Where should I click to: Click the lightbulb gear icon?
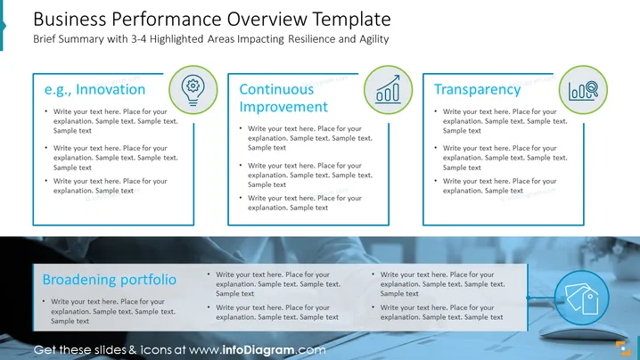pyautogui.click(x=193, y=90)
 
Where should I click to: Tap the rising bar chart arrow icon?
pyautogui.click(x=388, y=90)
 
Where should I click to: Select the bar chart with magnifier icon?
pyautogui.click(x=583, y=90)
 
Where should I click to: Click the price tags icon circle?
pyautogui.click(x=582, y=298)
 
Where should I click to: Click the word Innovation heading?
pyautogui.click(x=111, y=89)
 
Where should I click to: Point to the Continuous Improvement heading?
pyautogui.click(x=283, y=98)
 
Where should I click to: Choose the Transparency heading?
pyautogui.click(x=477, y=90)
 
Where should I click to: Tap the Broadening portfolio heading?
pyautogui.click(x=110, y=280)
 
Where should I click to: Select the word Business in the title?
pyautogui.click(x=70, y=20)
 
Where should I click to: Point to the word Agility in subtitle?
pyautogui.click(x=373, y=39)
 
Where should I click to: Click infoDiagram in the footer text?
pyautogui.click(x=258, y=350)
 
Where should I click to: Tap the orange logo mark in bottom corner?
pyautogui.click(x=623, y=348)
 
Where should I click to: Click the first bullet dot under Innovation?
pyautogui.click(x=46, y=111)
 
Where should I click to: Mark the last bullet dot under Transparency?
pyautogui.click(x=436, y=180)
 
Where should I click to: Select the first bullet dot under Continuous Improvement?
pyautogui.click(x=241, y=128)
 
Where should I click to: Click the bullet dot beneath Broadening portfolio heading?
pyautogui.click(x=44, y=301)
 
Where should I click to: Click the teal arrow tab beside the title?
pyautogui.click(x=3, y=25)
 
